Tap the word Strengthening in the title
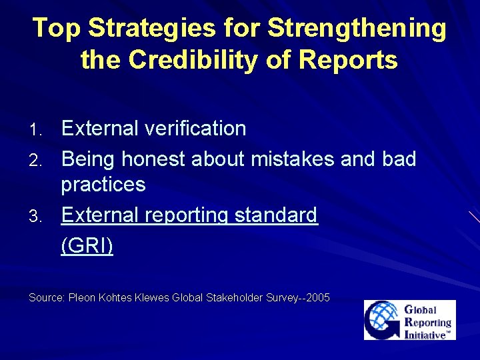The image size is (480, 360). point(357,29)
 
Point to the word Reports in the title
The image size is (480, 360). point(348,60)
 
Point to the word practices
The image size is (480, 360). point(103,184)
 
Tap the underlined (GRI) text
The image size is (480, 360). point(87,245)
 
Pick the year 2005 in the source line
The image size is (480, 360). point(318,297)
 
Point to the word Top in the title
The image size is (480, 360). point(57,29)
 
